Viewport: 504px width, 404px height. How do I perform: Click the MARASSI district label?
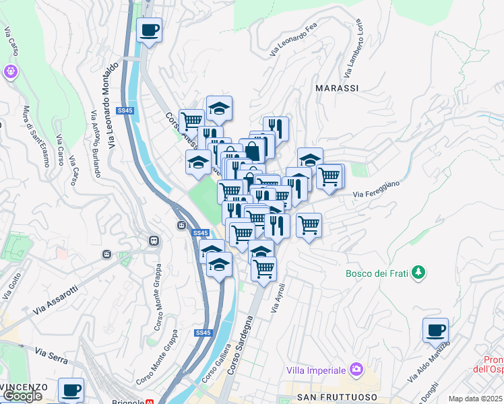337,88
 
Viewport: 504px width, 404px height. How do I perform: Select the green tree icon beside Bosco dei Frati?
419,273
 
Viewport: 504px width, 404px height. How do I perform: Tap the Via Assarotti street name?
55,301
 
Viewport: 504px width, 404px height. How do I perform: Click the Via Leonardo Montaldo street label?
112,104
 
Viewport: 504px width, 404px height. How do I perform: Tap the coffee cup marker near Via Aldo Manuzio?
436,330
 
